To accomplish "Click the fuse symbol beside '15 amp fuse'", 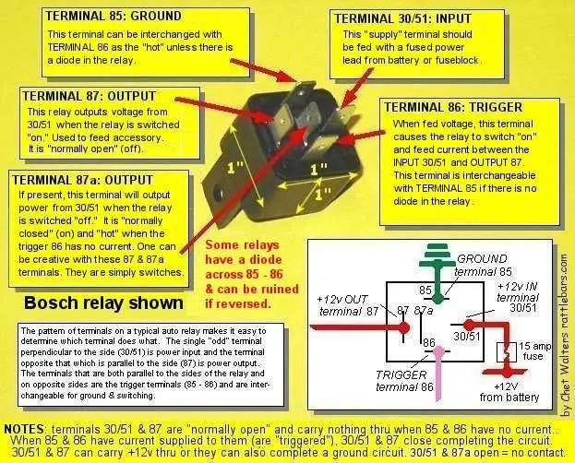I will (x=506, y=352).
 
